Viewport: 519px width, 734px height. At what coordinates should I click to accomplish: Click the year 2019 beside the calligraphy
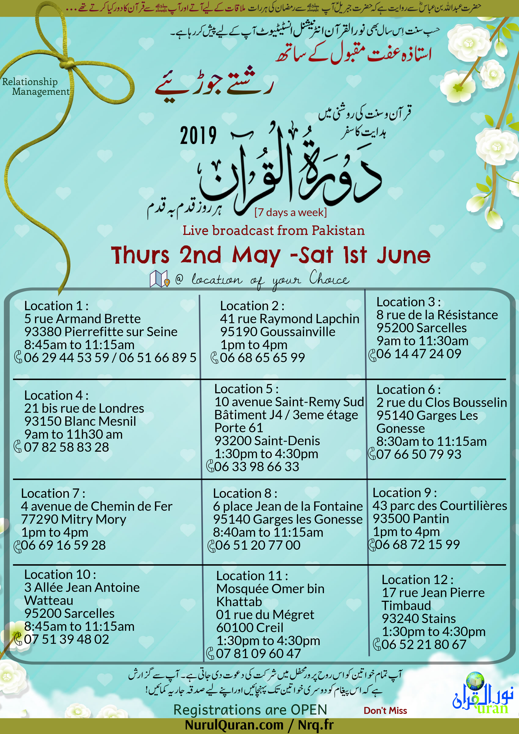click(x=198, y=136)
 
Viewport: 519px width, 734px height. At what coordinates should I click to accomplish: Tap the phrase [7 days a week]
click(x=290, y=212)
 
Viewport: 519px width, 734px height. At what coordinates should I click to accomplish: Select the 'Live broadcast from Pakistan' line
click(x=274, y=230)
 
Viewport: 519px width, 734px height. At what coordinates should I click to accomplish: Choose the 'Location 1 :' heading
click(x=56, y=306)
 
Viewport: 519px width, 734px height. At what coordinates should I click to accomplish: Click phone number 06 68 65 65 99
click(x=262, y=357)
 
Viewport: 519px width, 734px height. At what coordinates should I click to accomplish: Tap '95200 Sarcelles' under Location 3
click(x=421, y=328)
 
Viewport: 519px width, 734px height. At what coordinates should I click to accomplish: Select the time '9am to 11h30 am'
click(x=74, y=434)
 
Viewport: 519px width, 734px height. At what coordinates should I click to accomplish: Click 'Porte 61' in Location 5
click(x=239, y=428)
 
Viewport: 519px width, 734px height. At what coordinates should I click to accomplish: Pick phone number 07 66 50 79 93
click(x=419, y=454)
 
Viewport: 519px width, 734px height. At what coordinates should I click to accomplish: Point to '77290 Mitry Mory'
click(x=74, y=519)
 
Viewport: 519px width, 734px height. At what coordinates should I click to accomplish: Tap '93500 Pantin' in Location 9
click(x=411, y=519)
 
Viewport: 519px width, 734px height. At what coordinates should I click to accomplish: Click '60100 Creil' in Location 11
click(x=250, y=628)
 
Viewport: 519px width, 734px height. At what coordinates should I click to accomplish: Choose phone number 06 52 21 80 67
click(x=424, y=644)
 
